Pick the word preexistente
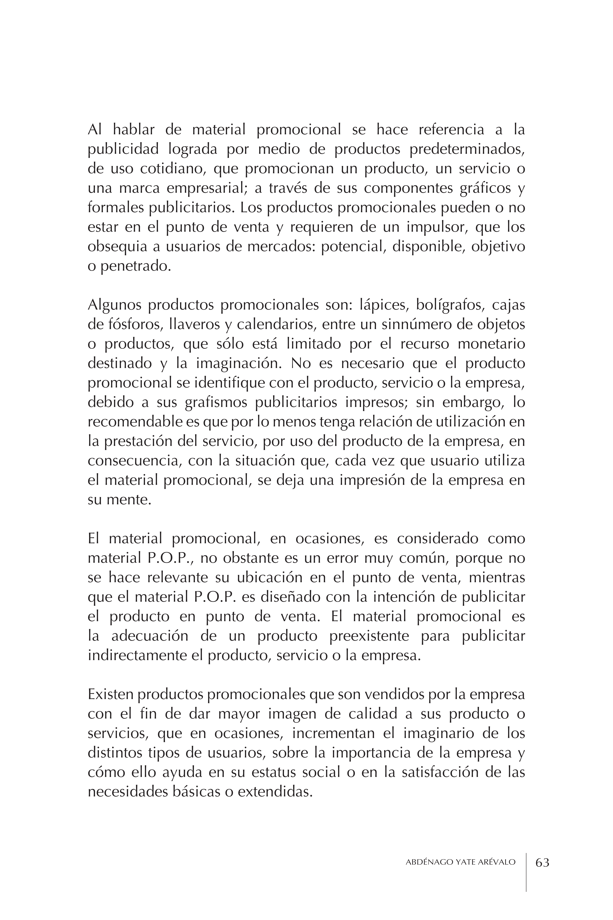click(x=369, y=636)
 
